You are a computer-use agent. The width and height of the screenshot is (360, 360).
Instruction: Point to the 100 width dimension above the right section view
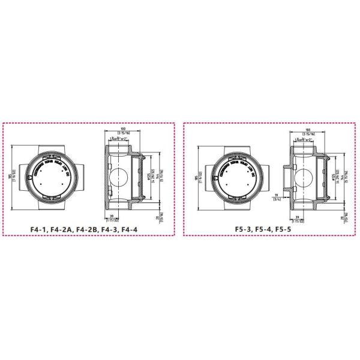[x=307, y=130]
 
